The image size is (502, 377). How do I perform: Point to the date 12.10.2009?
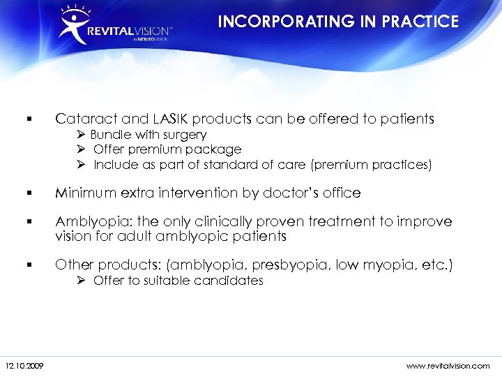23,366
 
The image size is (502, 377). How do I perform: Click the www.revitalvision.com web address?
447,366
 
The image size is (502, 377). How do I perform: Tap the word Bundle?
109,134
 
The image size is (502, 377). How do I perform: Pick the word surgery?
183,134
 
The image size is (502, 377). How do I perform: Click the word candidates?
231,281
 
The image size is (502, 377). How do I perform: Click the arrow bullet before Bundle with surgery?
82,134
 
